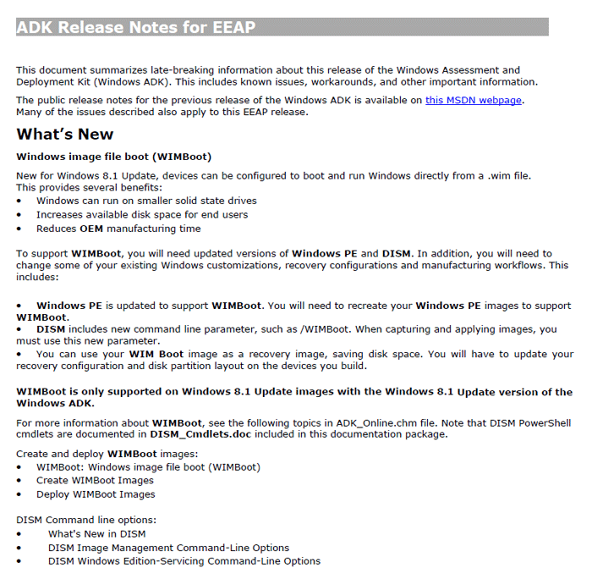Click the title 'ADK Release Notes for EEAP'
(x=136, y=27)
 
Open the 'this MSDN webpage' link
(x=474, y=100)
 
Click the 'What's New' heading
(x=64, y=134)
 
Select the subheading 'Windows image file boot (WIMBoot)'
(x=113, y=157)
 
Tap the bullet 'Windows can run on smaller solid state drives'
(x=146, y=201)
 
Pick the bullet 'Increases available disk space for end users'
(x=142, y=214)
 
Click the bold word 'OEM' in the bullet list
(x=91, y=228)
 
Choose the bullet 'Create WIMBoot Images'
(x=95, y=480)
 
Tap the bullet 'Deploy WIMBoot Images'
(x=96, y=494)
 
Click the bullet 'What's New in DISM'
(x=96, y=533)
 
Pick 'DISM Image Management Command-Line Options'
(x=168, y=547)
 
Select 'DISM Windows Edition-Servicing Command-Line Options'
(x=184, y=560)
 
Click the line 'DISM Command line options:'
(x=86, y=520)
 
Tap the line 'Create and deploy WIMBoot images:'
(x=101, y=453)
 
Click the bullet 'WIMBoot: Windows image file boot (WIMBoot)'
(x=148, y=466)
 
